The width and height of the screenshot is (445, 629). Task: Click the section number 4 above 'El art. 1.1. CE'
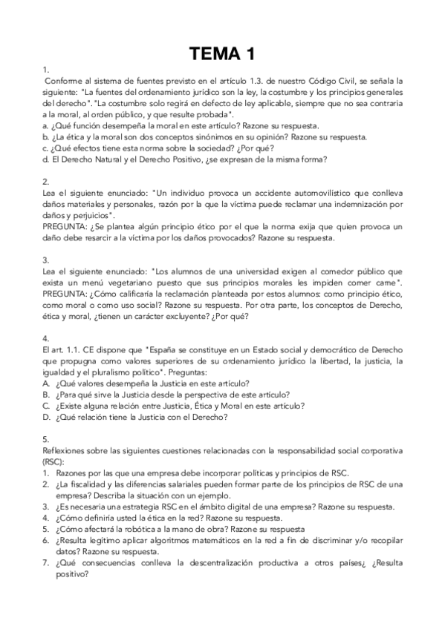45,337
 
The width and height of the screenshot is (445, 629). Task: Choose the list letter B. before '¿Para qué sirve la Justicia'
46,395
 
